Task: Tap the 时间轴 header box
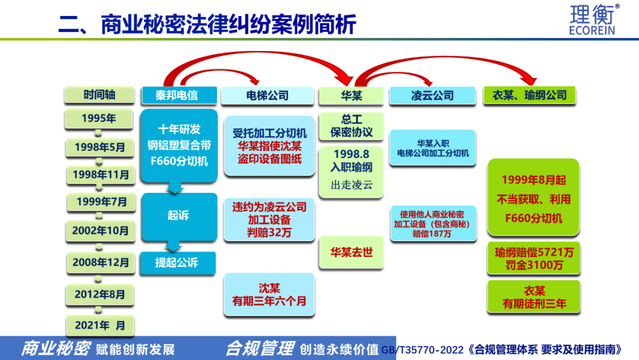99,95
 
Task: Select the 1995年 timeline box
99,118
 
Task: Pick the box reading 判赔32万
269,220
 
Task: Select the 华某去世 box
351,252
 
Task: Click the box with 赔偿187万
432,223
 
